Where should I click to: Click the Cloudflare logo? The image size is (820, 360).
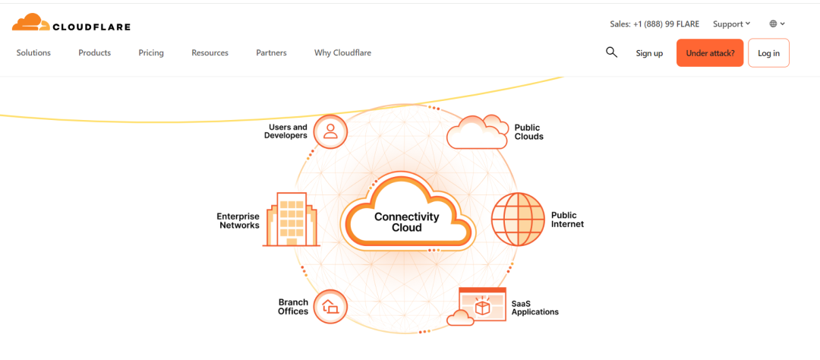coord(71,23)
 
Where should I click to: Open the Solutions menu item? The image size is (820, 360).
coord(33,53)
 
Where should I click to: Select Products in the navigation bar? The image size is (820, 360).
coord(95,53)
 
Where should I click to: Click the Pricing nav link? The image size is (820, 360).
coord(151,53)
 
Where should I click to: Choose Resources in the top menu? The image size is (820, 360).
coord(210,53)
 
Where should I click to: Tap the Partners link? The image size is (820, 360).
coord(271,53)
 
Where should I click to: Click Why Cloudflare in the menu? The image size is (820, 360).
coord(342,53)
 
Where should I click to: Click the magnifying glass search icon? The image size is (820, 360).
coord(611,52)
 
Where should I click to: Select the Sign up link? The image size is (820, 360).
coord(649,53)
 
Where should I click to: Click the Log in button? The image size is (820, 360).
coord(768,53)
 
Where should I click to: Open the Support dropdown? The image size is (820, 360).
coord(732,24)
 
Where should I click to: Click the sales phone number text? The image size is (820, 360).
coord(654,24)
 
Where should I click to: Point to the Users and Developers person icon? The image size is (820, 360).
coord(330,131)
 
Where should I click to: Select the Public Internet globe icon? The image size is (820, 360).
coord(519,219)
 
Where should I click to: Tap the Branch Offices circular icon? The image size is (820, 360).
coord(330,307)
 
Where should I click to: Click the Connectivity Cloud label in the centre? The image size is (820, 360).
coord(407,222)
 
